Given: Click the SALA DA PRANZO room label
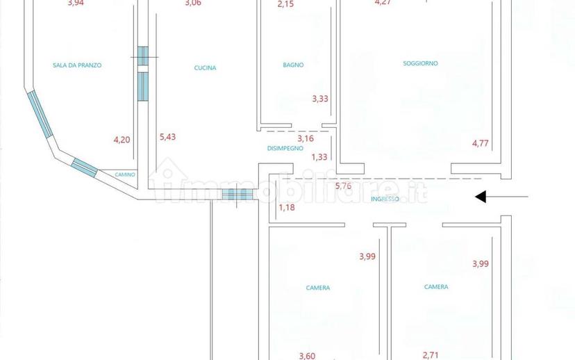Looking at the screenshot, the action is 77,65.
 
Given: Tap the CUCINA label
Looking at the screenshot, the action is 205,68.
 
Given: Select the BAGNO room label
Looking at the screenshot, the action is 293,65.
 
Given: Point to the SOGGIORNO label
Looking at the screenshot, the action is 420,63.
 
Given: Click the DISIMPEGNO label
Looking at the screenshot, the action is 285,148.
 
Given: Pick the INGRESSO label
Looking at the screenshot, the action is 385,199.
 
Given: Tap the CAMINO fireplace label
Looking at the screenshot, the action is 125,174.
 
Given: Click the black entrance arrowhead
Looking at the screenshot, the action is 481,197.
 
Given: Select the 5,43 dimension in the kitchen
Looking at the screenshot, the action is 167,137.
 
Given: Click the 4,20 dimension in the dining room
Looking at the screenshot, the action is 122,140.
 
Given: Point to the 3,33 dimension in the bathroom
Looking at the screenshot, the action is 320,99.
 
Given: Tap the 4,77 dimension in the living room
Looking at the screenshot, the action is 481,142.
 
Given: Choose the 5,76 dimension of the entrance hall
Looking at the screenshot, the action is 343,186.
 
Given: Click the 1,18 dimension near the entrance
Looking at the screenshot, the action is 287,208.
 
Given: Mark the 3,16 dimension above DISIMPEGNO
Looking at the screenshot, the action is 306,138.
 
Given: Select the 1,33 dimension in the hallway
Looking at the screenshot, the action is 319,157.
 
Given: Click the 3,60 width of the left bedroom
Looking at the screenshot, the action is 307,356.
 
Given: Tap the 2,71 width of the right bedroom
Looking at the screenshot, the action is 431,355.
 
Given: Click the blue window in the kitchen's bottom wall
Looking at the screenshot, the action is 237,195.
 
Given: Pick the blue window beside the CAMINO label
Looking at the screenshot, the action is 84,167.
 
